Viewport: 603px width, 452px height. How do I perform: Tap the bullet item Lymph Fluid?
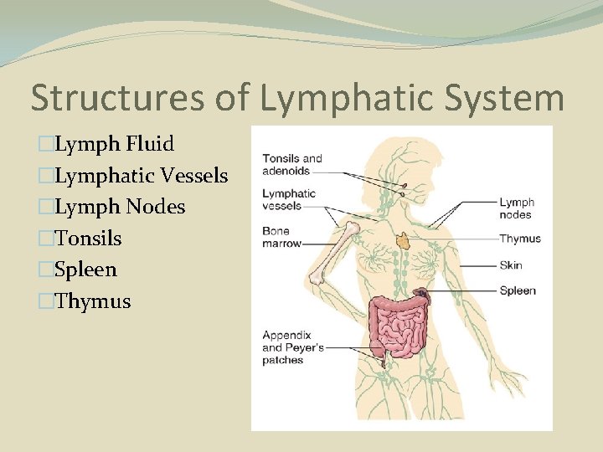(114, 144)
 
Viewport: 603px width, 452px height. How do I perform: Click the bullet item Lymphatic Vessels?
(141, 176)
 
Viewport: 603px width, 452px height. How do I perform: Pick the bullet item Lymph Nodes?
(120, 207)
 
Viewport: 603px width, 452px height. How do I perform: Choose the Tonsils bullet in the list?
(88, 239)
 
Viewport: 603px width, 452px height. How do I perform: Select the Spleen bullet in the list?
(85, 270)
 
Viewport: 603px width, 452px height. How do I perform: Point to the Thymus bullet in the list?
(92, 301)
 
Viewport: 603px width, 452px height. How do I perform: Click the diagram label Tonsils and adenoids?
(292, 164)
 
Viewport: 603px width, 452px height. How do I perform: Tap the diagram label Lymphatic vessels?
(289, 199)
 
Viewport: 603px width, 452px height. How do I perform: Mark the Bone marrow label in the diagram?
(281, 237)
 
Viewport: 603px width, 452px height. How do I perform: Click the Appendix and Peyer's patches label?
(294, 347)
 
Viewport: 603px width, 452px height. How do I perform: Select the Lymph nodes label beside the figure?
(516, 208)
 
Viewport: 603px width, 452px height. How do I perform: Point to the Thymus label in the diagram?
(519, 239)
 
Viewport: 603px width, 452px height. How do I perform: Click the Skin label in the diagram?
(511, 265)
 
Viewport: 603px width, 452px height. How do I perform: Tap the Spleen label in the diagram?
(517, 291)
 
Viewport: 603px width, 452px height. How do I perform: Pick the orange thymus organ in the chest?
(404, 240)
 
